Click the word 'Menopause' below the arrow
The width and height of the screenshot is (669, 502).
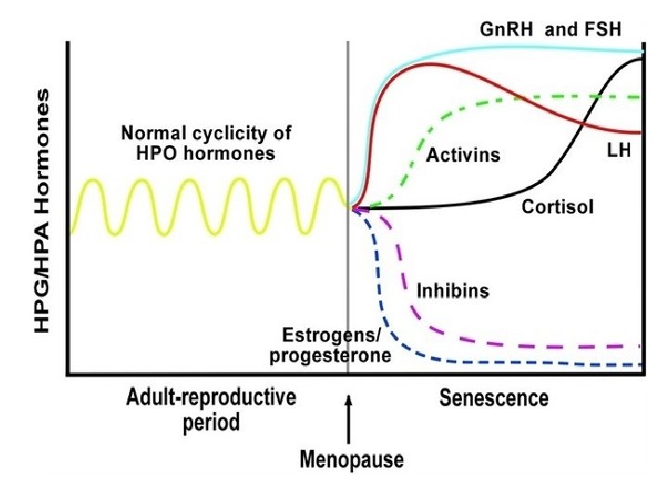point(351,459)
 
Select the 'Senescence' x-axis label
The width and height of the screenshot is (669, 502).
point(493,400)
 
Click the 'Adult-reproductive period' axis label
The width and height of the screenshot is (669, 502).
point(211,410)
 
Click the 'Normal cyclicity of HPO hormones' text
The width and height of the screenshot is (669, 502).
point(199,140)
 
